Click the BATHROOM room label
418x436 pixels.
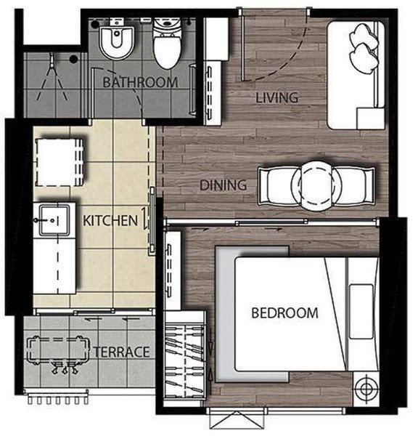tap(140, 82)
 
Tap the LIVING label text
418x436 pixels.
tap(277, 97)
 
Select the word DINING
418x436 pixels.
tap(224, 185)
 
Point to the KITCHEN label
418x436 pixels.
tap(110, 220)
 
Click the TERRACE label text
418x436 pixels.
tap(122, 352)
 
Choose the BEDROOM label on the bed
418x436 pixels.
tap(284, 312)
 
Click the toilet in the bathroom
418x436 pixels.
tap(167, 41)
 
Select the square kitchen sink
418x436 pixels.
tap(54, 220)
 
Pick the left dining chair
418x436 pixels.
tap(278, 186)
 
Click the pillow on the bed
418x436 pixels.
tap(361, 312)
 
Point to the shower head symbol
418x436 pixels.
tap(52, 59)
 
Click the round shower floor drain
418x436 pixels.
tap(73, 59)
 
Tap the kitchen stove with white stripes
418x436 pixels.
tap(60, 162)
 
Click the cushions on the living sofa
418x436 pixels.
tap(364, 48)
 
